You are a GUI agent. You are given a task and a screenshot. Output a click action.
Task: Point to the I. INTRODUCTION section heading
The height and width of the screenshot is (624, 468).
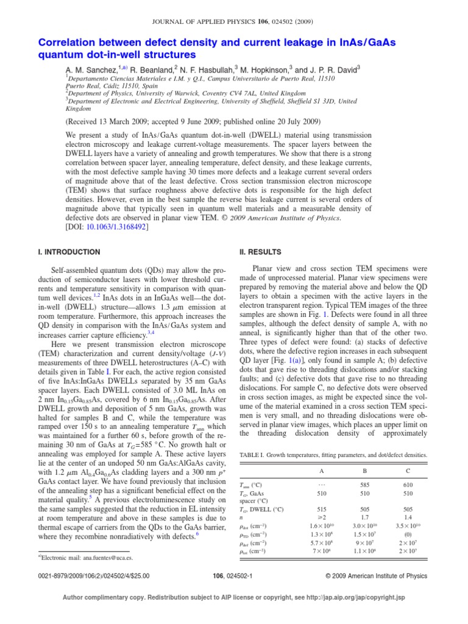(x=70, y=252)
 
